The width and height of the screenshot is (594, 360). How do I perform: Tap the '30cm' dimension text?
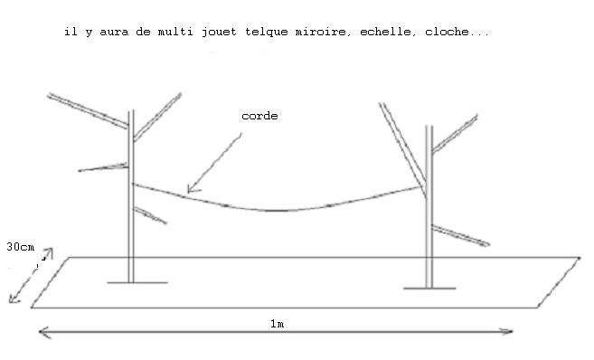click(x=20, y=246)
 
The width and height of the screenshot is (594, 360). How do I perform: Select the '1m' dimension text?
click(x=276, y=322)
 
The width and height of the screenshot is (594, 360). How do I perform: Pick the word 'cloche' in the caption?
click(x=438, y=32)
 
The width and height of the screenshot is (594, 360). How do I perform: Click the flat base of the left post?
click(x=137, y=282)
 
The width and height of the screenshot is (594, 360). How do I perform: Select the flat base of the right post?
click(x=429, y=288)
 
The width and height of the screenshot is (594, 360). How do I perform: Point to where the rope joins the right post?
click(x=425, y=187)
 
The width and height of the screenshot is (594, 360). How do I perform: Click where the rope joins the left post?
click(x=133, y=184)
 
